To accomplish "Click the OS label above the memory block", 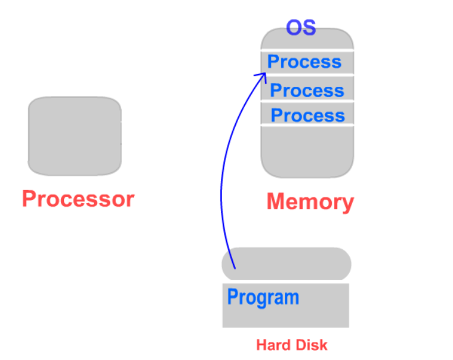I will [x=301, y=28].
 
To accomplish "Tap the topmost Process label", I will [x=304, y=62].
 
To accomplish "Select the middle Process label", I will [x=307, y=90].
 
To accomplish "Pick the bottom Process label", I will [x=308, y=115].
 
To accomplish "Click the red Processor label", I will [x=78, y=199].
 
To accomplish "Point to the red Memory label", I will [x=310, y=202].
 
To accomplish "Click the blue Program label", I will [x=263, y=297].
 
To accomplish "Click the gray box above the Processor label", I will [x=74, y=135].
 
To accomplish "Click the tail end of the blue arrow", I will [x=235, y=268].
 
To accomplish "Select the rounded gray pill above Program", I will [x=286, y=264].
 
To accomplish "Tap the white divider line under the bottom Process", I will [x=307, y=126].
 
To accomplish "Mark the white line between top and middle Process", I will [x=307, y=76].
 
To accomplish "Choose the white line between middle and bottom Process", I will [x=307, y=102].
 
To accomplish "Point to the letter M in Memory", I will [x=275, y=202].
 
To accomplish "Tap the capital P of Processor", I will [x=30, y=199].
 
